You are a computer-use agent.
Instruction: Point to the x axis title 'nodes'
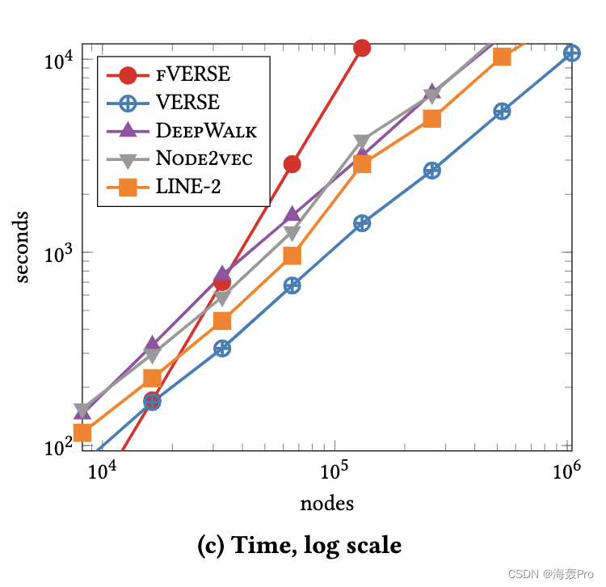327,504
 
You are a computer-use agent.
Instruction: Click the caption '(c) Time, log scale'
299,546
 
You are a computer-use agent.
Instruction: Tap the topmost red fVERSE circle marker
362,48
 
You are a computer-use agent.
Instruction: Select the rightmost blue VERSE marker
572,53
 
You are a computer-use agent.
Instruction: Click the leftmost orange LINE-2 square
82,433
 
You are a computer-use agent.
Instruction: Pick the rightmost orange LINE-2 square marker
502,56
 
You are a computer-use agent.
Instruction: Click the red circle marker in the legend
128,75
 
